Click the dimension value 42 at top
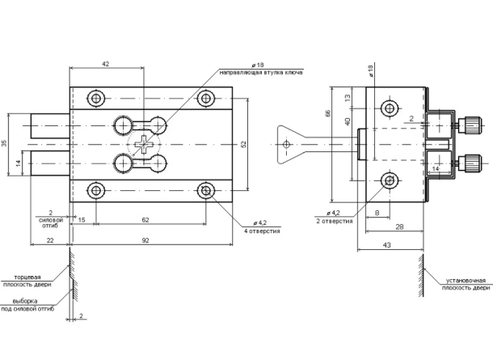coord(106,62)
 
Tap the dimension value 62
coord(145,218)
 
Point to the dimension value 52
coord(243,143)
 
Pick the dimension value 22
coord(49,240)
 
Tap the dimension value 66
coord(328,114)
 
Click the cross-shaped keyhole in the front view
coord(144,144)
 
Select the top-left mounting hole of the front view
coord(97,98)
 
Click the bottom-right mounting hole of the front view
coord(205,190)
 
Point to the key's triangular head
coord(287,143)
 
